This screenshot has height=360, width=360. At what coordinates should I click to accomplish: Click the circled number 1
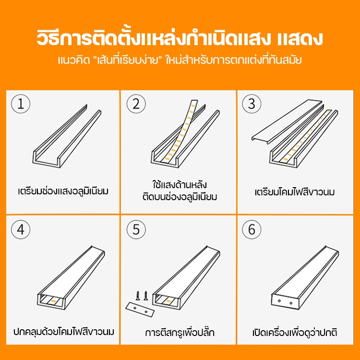(x=21, y=104)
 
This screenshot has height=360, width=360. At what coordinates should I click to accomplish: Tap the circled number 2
(x=136, y=104)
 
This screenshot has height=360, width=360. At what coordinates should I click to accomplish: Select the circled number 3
(x=252, y=104)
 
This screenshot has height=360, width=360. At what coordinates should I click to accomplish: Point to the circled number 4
(x=21, y=229)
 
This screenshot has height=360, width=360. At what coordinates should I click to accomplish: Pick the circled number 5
(x=136, y=229)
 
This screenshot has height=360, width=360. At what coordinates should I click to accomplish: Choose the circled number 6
(x=252, y=229)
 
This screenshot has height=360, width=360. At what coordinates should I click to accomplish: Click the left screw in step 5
(x=138, y=296)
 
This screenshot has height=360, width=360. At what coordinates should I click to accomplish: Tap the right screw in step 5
(x=146, y=296)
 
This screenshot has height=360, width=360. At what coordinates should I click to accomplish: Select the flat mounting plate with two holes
(x=140, y=310)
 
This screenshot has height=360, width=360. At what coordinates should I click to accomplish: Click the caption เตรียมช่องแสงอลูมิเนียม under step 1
(x=63, y=191)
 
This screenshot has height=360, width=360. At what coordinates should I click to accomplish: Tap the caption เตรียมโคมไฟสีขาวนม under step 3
(x=295, y=192)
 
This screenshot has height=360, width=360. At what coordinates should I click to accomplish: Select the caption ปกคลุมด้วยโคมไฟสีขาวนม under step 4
(x=63, y=331)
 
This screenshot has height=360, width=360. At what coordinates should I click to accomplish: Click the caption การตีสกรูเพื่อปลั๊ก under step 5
(x=180, y=332)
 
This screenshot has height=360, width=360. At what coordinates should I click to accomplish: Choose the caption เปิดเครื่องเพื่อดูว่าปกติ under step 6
(x=295, y=332)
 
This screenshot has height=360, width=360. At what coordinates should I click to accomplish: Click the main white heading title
(x=180, y=38)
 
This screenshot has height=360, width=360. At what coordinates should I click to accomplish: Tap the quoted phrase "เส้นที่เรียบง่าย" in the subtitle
(x=128, y=60)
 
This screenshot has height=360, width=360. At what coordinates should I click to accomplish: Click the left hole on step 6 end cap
(x=279, y=301)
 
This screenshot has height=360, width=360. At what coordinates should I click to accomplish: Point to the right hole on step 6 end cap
(x=291, y=303)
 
